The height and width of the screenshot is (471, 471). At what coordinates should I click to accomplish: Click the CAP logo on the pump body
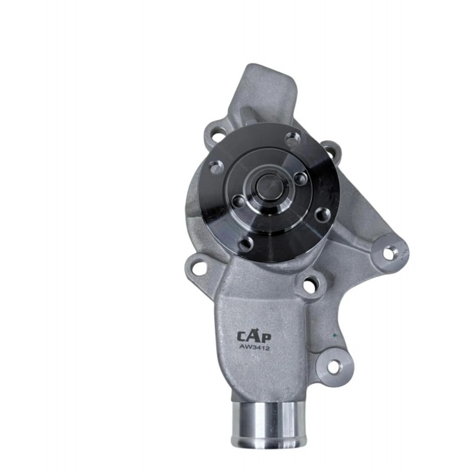coord(254,336)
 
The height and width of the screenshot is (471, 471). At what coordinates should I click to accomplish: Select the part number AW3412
coord(254,347)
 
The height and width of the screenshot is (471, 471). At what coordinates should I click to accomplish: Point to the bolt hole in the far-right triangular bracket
coord(389,252)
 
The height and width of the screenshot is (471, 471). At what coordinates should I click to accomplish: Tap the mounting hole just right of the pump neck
coord(310,284)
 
